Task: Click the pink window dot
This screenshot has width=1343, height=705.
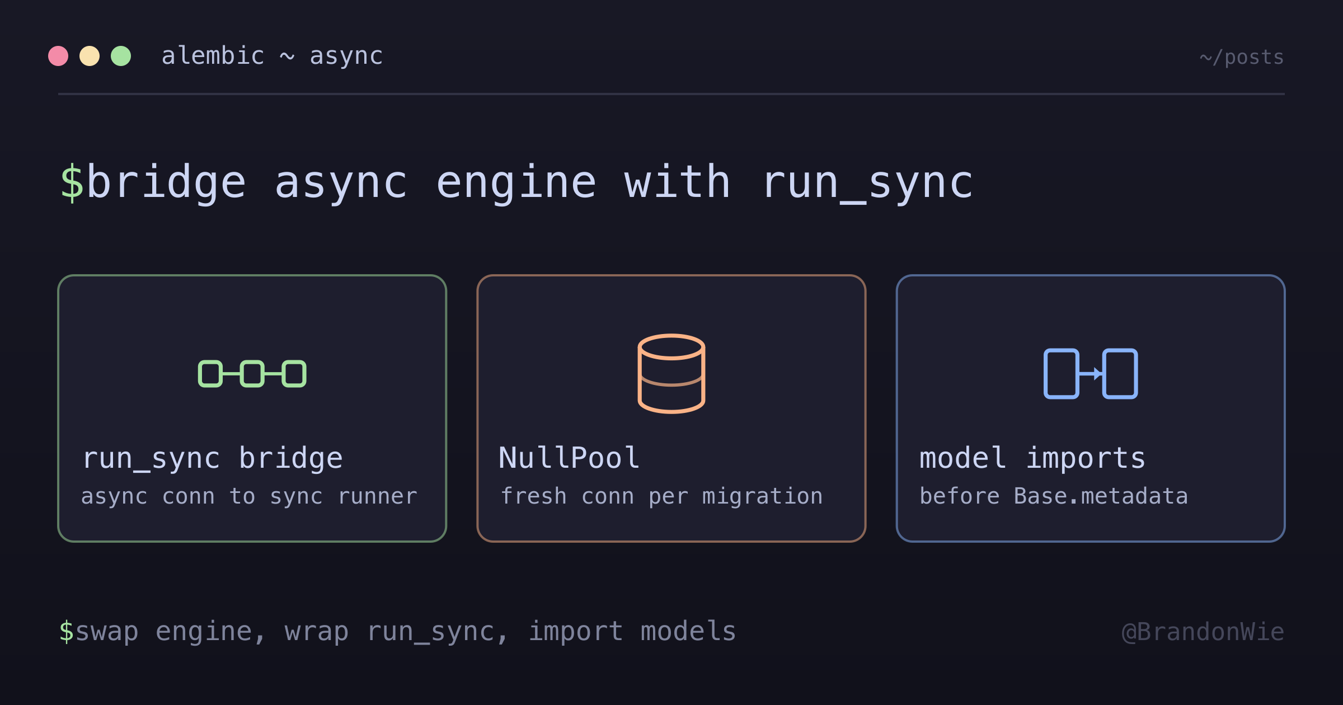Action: (x=58, y=56)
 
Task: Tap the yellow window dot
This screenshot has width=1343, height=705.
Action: (x=90, y=56)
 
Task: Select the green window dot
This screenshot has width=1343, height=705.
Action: (x=121, y=56)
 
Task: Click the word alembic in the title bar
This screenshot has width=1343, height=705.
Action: (x=213, y=56)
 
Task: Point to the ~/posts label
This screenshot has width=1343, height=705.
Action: (x=1242, y=58)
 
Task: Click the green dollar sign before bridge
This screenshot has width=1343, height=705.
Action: (x=72, y=182)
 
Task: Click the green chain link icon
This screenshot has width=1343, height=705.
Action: (x=252, y=374)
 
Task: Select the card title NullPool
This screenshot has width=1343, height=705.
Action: (x=569, y=458)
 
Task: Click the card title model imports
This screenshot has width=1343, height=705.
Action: (x=1032, y=458)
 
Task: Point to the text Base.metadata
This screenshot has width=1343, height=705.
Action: (x=1101, y=496)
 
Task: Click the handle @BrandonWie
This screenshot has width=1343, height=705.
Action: (x=1203, y=632)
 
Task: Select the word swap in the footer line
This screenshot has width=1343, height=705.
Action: (x=107, y=632)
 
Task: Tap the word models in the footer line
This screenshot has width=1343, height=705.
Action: (x=688, y=631)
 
